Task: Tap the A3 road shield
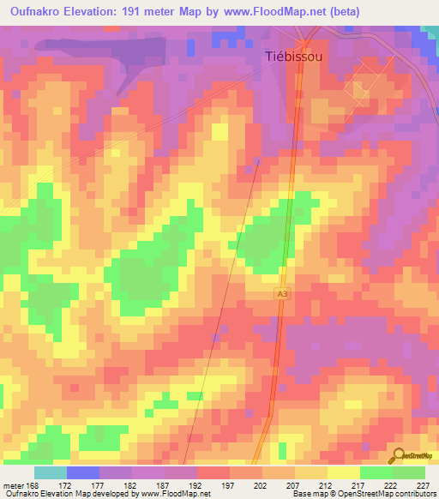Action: coord(282,293)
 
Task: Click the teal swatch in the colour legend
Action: coord(51,472)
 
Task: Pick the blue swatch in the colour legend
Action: coord(83,472)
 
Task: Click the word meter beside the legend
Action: coord(12,484)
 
